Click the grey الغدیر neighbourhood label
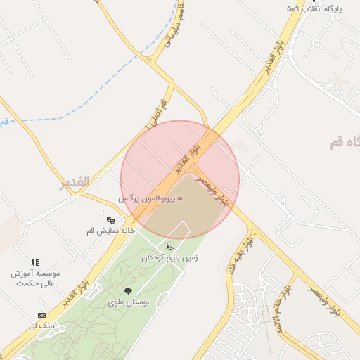click(75, 182)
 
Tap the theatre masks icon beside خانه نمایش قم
click(110, 220)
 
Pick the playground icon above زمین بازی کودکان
click(169, 246)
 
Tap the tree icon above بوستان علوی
click(128, 291)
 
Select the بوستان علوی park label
click(128, 302)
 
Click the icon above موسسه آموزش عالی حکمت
click(35, 262)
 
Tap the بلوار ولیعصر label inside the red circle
click(212, 188)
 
